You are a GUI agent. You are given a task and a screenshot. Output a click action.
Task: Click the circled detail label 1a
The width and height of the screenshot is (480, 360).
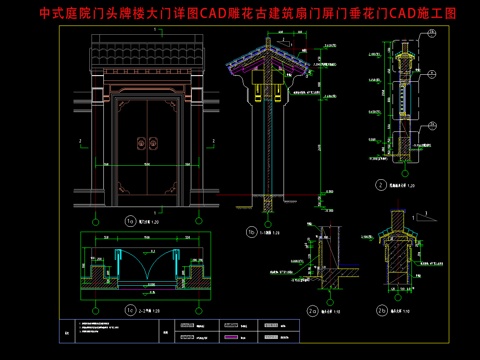tap(129, 221)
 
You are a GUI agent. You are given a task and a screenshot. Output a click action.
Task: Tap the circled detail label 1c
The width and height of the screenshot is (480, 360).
tap(129, 311)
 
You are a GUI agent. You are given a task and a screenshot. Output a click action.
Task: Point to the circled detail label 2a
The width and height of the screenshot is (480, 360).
tap(312, 310)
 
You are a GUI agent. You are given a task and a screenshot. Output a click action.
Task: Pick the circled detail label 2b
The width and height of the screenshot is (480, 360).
tap(381, 311)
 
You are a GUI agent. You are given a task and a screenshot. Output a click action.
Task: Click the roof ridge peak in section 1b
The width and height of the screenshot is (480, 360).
tap(267, 43)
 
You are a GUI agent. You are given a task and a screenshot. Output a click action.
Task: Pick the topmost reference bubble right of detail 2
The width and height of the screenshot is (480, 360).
tap(432, 33)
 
